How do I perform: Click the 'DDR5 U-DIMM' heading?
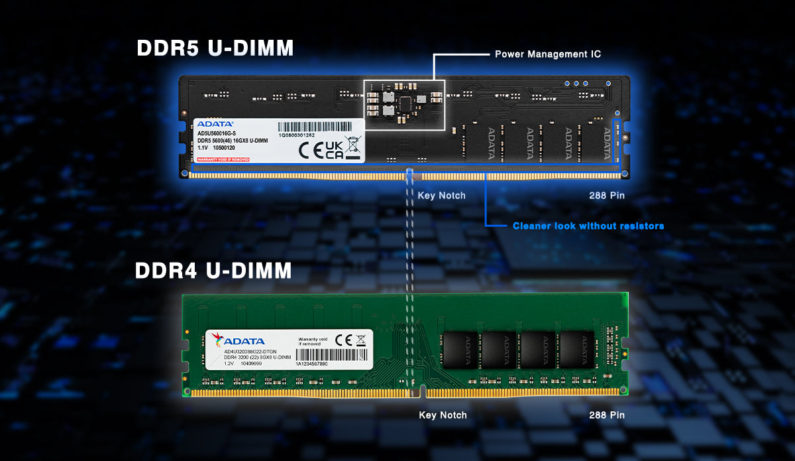point(215,48)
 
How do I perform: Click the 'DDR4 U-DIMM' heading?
point(213,271)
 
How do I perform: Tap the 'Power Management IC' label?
point(548,54)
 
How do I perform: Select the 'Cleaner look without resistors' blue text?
point(588,226)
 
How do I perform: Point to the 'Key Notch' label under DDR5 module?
point(441,196)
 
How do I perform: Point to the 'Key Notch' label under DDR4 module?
point(443,415)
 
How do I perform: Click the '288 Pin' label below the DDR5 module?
point(606,196)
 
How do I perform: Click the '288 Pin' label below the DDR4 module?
point(606,415)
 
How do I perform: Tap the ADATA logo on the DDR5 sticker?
point(215,124)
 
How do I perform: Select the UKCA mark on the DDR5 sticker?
point(335,149)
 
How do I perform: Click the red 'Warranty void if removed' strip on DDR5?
point(223,160)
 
